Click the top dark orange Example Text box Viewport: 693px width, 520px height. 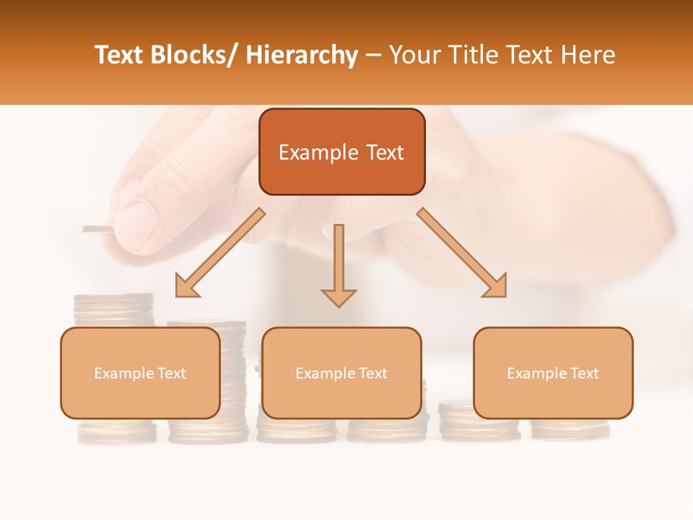341,152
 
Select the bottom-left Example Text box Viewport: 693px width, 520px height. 140,373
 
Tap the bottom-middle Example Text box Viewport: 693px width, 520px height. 341,373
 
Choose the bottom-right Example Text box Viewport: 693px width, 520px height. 553,373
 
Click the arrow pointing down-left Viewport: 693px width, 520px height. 219,253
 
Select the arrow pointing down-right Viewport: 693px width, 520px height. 463,253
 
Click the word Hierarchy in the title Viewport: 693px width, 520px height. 302,55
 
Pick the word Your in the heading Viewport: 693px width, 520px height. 414,55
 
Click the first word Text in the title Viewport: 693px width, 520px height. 119,55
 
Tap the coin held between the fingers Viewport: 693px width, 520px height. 98,230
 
